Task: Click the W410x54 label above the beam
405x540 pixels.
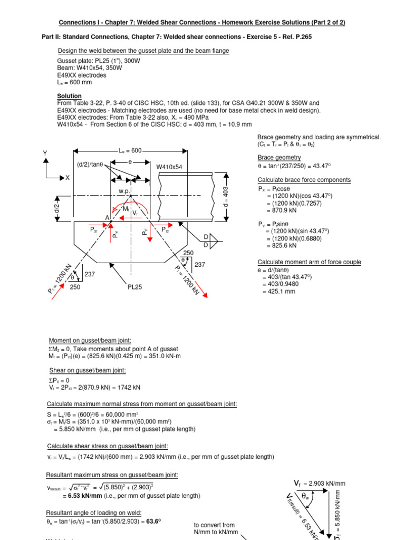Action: [x=169, y=167]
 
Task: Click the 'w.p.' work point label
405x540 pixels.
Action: [x=124, y=191]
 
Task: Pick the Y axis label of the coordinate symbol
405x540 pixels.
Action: [x=45, y=154]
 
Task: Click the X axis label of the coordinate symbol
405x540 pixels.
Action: [x=67, y=178]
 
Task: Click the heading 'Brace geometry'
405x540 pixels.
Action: [x=279, y=158]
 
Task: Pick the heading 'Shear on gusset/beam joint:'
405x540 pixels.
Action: [x=87, y=370]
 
